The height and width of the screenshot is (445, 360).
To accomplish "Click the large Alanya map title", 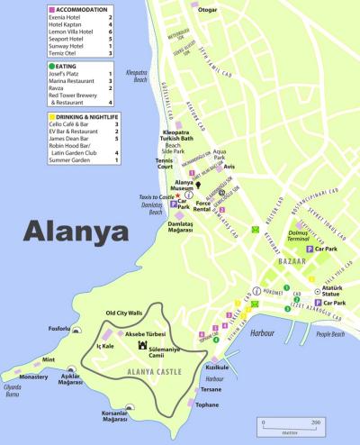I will [x=77, y=232].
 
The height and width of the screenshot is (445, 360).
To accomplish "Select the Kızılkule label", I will [x=216, y=368].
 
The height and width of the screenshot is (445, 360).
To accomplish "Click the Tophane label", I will [x=207, y=405].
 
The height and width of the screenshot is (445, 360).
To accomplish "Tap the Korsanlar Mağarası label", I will [x=115, y=416].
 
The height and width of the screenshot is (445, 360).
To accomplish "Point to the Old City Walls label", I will [x=124, y=313].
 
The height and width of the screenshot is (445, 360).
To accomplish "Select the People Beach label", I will [x=330, y=334].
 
